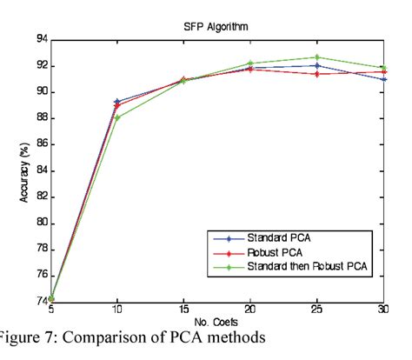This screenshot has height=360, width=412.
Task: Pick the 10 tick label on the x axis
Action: point(117,310)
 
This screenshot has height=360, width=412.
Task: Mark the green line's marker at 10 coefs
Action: point(117,117)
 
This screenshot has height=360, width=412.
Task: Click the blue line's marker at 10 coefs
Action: point(117,102)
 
